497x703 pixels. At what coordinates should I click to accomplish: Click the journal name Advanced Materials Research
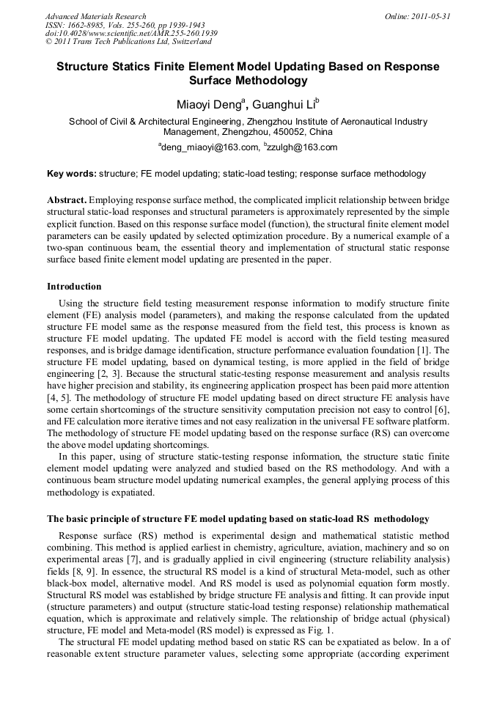[x=95, y=15]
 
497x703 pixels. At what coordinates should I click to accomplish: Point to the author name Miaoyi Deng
[x=207, y=104]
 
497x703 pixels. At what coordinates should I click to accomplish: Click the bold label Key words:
[x=71, y=174]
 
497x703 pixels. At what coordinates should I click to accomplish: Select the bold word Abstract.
[x=67, y=200]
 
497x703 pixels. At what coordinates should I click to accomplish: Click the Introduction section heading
[x=74, y=287]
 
